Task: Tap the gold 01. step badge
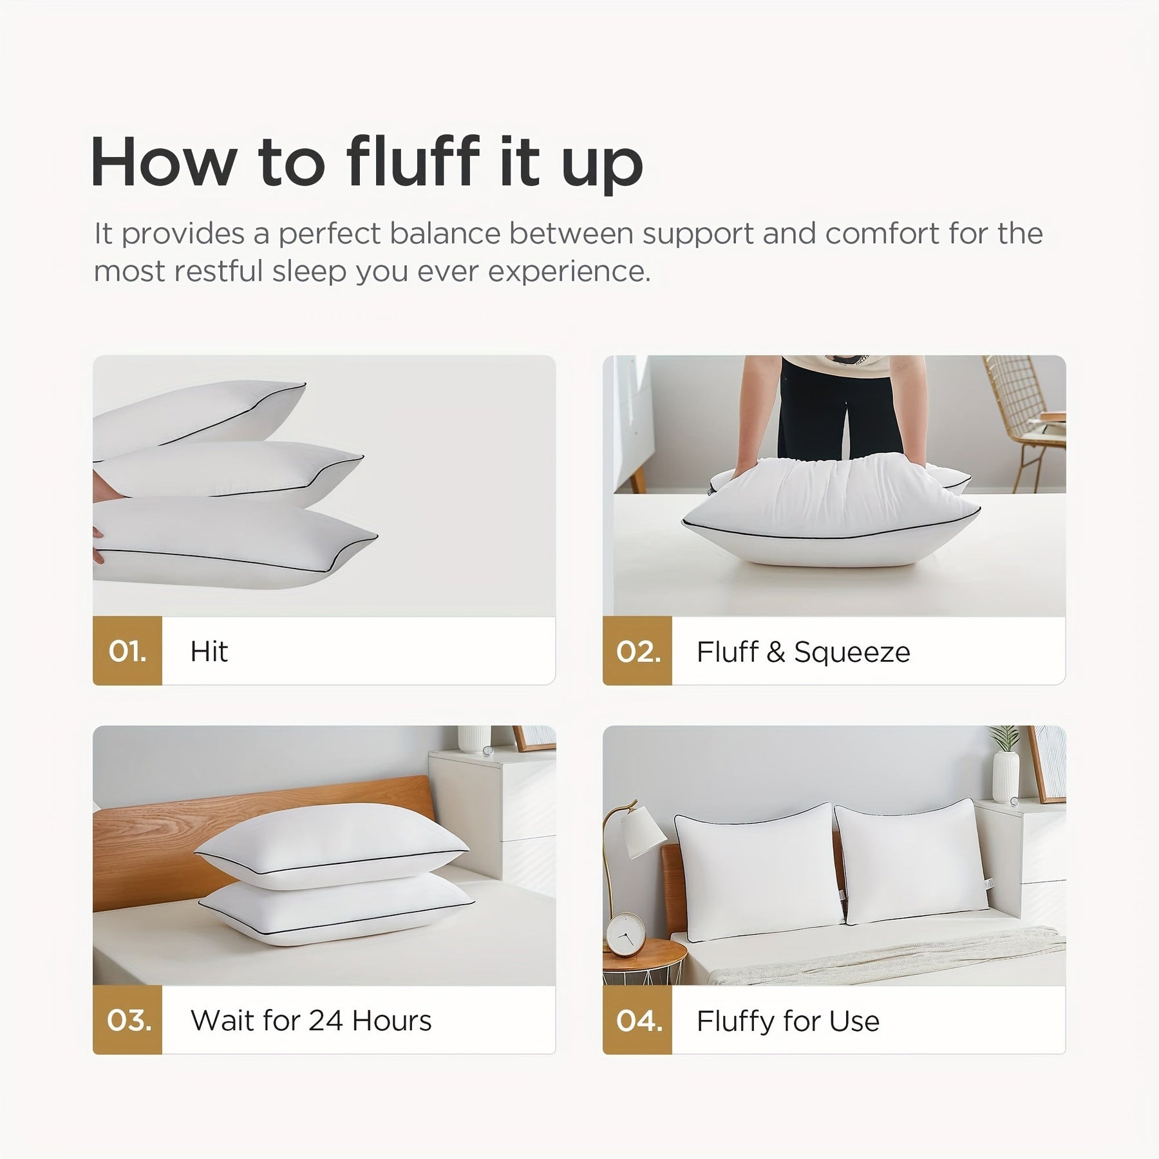[127, 651]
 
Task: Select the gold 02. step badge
[637, 651]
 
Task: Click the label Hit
[209, 651]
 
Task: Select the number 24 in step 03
[326, 1021]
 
